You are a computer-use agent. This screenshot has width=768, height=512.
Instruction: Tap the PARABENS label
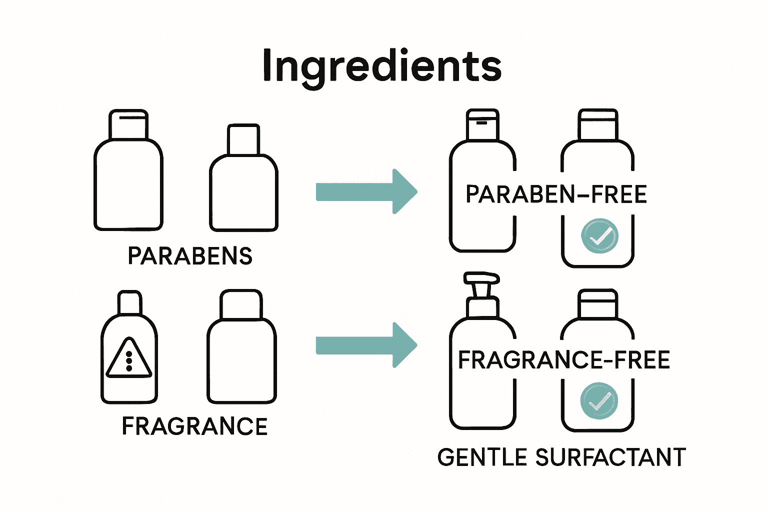[x=190, y=256]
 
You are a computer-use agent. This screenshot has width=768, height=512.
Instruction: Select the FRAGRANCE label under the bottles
[x=194, y=426]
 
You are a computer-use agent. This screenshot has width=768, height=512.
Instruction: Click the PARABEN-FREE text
[x=556, y=194]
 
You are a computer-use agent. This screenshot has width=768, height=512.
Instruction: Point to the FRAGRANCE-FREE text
[x=564, y=360]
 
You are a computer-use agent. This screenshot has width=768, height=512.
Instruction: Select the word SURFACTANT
[x=610, y=457]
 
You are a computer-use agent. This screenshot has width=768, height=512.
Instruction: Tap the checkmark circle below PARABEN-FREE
[x=600, y=236]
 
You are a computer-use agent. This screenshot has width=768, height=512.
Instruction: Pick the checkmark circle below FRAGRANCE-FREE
[x=599, y=400]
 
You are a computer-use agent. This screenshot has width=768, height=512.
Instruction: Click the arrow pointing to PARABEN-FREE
[x=366, y=191]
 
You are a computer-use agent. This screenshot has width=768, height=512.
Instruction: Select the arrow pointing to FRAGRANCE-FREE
[x=366, y=345]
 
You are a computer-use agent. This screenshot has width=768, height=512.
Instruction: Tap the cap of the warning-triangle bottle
[x=129, y=302]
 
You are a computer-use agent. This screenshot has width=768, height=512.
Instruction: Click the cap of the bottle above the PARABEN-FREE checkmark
[x=597, y=124]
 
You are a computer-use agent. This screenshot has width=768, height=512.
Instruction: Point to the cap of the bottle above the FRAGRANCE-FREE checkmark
[x=597, y=303]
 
